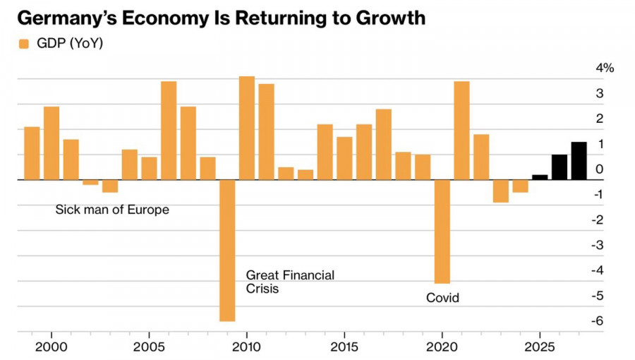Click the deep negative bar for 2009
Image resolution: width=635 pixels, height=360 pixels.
(227, 251)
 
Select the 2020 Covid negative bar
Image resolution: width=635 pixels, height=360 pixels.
(442, 232)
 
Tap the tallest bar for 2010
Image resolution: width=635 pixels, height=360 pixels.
(247, 128)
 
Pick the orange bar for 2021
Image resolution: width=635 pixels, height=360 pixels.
(461, 131)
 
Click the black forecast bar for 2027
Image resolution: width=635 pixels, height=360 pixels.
(579, 161)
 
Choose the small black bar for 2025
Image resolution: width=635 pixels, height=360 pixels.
(540, 177)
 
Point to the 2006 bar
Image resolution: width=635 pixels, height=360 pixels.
(169, 131)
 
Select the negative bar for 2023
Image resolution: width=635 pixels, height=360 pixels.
(501, 191)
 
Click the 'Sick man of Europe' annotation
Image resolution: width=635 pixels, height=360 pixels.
(112, 210)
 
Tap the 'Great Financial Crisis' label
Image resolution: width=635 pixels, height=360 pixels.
(289, 282)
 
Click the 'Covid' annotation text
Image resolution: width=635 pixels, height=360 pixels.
(442, 298)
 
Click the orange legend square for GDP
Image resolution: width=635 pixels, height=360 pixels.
(23, 44)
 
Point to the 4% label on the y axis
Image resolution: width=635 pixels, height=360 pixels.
(605, 68)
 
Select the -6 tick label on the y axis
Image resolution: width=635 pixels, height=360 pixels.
(596, 320)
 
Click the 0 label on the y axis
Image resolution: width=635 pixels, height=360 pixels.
(599, 169)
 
